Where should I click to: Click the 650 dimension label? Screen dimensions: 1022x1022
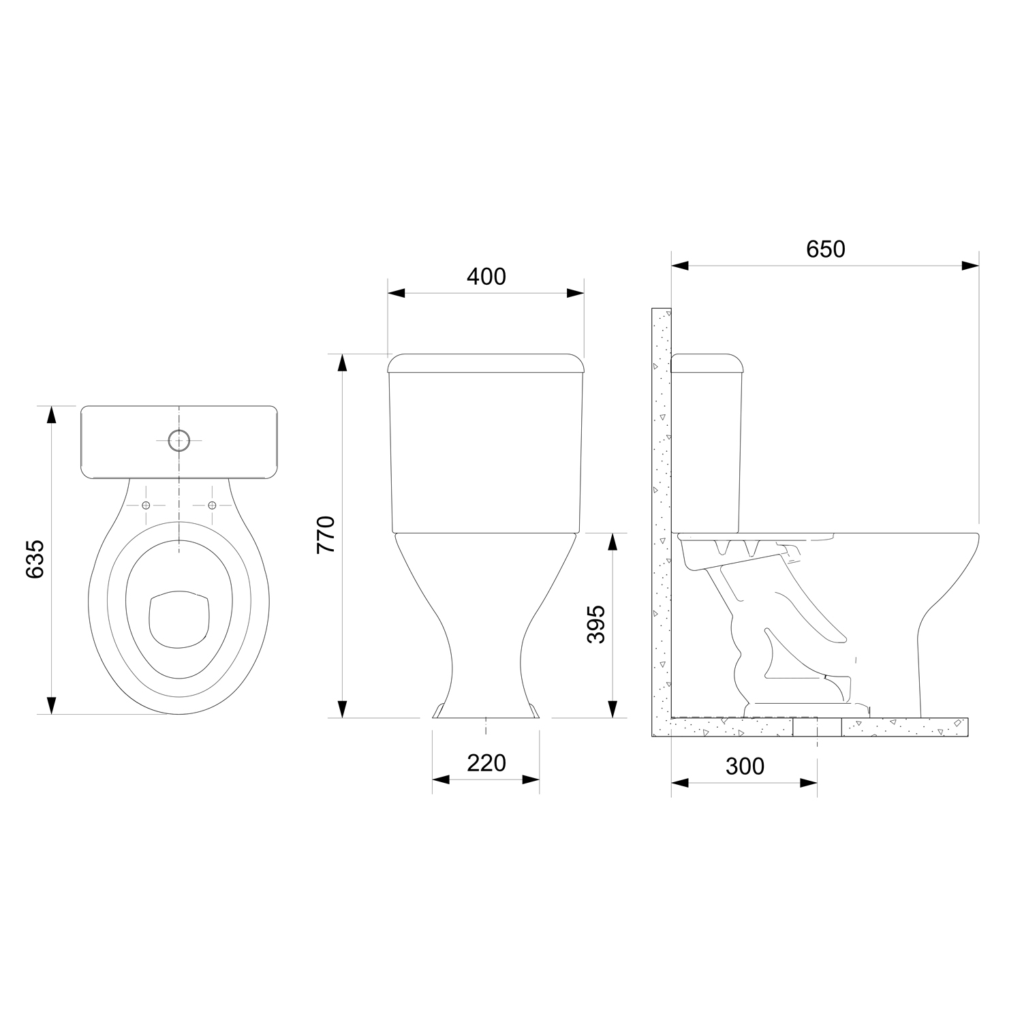825,249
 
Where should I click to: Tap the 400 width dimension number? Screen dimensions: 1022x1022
486,277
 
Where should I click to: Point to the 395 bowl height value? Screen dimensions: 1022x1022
596,623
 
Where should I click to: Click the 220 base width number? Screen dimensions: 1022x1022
486,763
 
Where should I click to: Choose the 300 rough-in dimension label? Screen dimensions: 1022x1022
745,766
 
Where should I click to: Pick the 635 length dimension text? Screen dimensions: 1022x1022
35,559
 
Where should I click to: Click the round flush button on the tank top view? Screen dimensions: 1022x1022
179,441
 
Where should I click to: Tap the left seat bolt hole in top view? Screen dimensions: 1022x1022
146,505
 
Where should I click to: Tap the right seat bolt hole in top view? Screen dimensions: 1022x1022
211,505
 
